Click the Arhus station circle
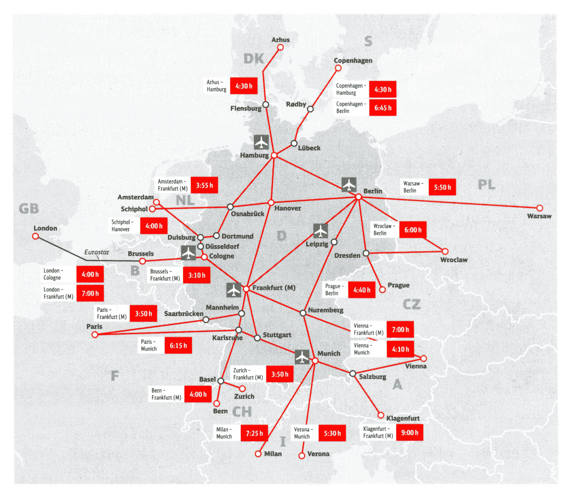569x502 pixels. click(x=281, y=48)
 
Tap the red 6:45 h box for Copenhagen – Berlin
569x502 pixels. click(x=382, y=108)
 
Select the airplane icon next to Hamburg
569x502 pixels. click(x=261, y=142)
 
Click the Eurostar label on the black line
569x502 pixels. click(x=97, y=252)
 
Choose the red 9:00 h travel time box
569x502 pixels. click(x=410, y=432)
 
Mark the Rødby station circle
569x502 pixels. click(x=310, y=109)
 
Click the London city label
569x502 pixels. click(x=45, y=229)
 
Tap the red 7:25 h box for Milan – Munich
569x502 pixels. click(x=254, y=433)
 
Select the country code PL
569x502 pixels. click(x=486, y=185)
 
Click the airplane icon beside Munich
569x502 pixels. click(x=302, y=357)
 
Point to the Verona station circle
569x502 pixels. click(x=301, y=456)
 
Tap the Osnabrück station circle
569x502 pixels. click(x=230, y=207)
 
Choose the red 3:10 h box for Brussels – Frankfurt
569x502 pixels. click(x=197, y=275)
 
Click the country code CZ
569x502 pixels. click(x=411, y=305)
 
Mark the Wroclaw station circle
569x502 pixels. click(x=445, y=252)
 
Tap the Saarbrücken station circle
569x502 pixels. click(x=206, y=320)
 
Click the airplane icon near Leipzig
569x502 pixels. click(x=321, y=231)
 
